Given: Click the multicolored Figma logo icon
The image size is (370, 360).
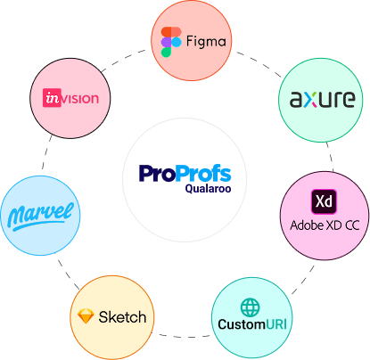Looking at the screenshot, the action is (171, 42).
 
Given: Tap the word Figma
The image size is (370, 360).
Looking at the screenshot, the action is (206, 42).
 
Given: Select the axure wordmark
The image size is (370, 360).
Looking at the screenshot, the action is (322, 99).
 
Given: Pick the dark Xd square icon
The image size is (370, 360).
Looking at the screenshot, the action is (324, 201).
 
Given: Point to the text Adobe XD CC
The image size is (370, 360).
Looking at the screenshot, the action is (325, 225).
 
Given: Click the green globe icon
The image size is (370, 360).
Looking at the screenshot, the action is (250, 307).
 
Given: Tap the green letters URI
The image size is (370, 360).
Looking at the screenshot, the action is (276, 324).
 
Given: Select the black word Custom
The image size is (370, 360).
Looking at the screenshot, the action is (242, 324).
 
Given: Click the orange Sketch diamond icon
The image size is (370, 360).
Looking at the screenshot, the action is (86, 316).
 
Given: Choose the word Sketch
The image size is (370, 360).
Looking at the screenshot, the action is (122, 317).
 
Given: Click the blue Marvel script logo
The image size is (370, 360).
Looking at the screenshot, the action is (40, 216).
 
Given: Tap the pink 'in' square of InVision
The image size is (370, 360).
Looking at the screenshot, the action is (52, 98).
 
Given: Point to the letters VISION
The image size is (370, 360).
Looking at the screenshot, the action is (80, 98).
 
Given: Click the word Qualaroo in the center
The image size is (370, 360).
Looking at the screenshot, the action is (208, 189).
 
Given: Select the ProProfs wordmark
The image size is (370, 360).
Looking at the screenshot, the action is (185, 173).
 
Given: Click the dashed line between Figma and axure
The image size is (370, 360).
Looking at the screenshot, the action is (259, 63).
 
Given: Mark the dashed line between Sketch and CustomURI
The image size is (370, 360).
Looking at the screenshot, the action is (183, 337).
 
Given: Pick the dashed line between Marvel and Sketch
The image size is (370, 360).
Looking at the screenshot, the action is (68, 274).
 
